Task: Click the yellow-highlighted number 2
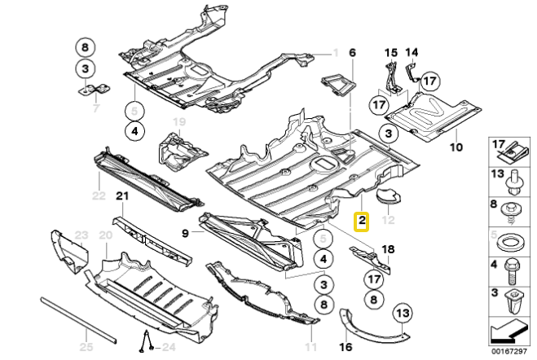pyautogui.click(x=361, y=220)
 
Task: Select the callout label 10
pyautogui.click(x=455, y=147)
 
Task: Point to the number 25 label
pyautogui.click(x=86, y=347)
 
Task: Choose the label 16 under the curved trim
pyautogui.click(x=345, y=346)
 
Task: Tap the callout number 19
pyautogui.click(x=178, y=122)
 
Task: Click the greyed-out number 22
pyautogui.click(x=99, y=195)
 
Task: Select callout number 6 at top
pyautogui.click(x=352, y=53)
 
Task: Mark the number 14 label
pyautogui.click(x=412, y=53)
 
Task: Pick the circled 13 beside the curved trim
pyautogui.click(x=403, y=312)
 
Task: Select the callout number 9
pyautogui.click(x=186, y=232)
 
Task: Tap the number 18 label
pyautogui.click(x=387, y=248)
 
